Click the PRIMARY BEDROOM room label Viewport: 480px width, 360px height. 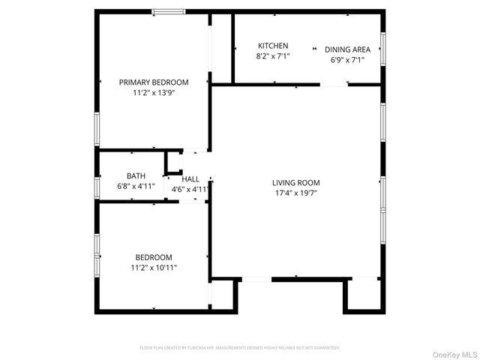coord(154,82)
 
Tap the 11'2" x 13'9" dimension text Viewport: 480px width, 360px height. coord(154,93)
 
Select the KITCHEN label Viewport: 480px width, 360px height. coord(273,46)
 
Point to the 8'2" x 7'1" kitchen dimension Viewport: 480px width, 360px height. coord(273,56)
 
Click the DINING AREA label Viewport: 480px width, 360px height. coord(347,49)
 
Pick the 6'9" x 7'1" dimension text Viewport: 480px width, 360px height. coord(347,60)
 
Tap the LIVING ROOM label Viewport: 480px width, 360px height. coord(295,182)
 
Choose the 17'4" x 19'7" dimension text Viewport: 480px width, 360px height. coord(295,193)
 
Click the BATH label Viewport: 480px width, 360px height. coord(136,175)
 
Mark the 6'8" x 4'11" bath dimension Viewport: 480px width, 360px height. coord(136,186)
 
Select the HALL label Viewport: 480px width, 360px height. coord(190,179)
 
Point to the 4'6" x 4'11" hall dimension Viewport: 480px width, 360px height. coord(190,190)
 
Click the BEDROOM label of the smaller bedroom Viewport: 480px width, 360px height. coord(154,256)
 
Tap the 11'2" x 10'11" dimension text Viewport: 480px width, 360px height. coord(154,267)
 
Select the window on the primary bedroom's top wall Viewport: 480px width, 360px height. coord(169,11)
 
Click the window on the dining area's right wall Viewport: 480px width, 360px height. coord(382,48)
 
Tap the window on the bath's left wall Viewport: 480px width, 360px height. coord(96,187)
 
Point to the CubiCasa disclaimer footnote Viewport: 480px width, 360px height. coord(240,348)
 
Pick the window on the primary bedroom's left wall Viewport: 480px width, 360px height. coord(96,129)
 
